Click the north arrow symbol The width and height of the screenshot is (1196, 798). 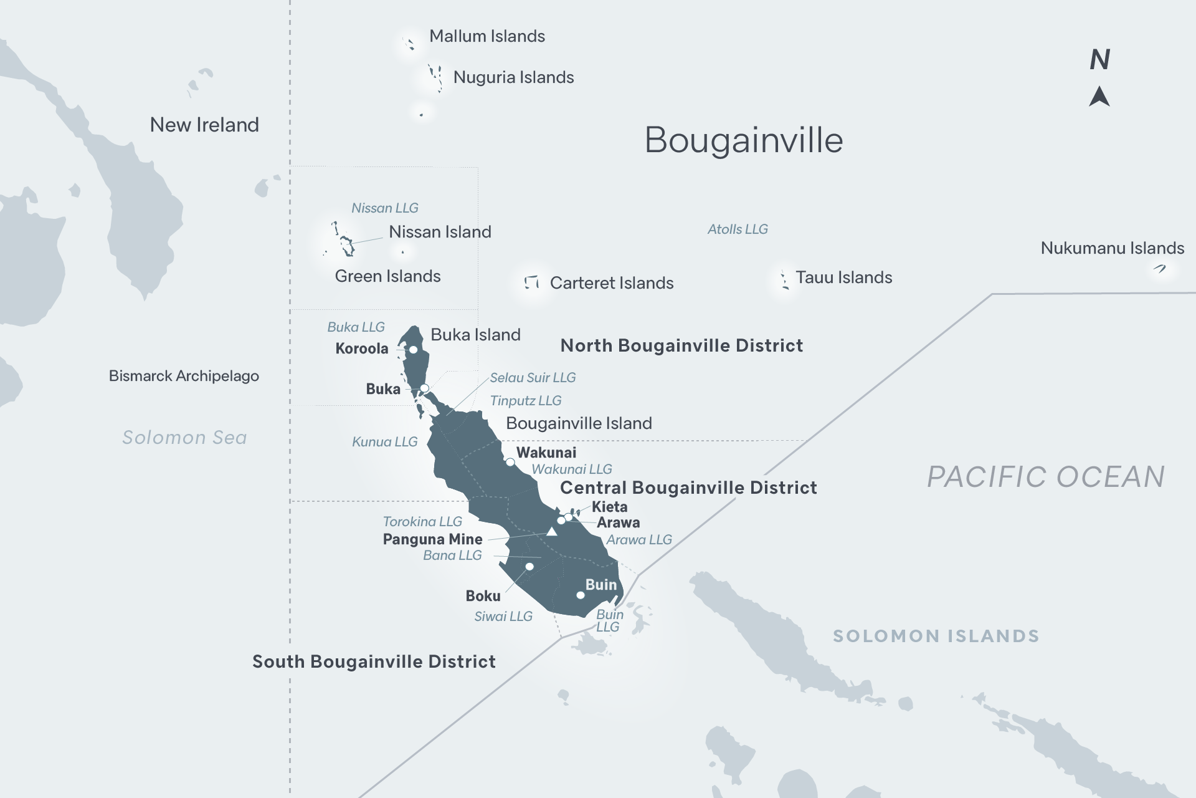1099,97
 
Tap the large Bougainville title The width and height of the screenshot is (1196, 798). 744,140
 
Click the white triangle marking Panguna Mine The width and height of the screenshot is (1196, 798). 551,532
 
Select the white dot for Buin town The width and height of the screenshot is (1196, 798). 581,595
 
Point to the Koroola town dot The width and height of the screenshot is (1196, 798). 413,350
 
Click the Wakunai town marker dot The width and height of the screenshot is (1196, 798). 510,463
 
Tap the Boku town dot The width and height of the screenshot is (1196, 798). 529,567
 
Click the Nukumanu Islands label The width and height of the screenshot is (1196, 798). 1112,248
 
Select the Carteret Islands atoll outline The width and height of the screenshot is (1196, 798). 531,282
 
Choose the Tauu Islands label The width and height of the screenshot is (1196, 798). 843,277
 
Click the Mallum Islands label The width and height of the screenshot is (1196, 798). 487,36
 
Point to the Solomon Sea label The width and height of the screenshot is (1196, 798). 184,438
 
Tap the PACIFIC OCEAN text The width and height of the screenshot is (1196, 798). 1045,477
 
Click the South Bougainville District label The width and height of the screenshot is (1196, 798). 374,661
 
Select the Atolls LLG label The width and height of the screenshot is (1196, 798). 738,229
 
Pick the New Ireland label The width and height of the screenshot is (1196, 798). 204,125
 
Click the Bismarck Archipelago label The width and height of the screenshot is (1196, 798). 184,376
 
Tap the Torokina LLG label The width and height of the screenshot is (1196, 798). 422,522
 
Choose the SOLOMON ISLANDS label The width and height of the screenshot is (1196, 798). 936,636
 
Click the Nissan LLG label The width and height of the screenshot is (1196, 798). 384,208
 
